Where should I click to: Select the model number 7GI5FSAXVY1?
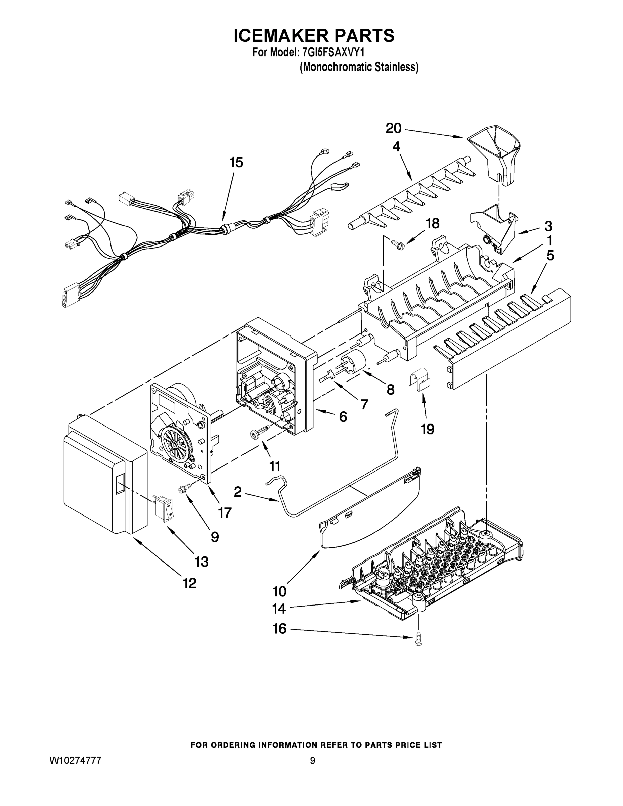333,53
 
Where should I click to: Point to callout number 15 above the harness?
236,163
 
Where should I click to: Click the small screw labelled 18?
397,243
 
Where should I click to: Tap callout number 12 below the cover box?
189,583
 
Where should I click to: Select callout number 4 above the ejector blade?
396,147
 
